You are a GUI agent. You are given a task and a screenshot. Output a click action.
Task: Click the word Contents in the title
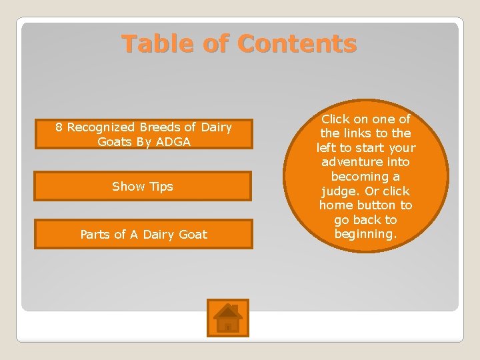(x=297, y=44)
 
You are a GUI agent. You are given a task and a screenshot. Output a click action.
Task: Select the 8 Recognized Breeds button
(x=143, y=134)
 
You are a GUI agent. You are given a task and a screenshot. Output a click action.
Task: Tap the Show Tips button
(x=143, y=186)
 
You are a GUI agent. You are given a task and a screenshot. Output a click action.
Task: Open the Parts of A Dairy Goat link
(x=143, y=234)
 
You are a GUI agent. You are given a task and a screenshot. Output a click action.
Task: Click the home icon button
(x=228, y=317)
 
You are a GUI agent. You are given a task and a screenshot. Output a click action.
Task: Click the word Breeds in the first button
(x=160, y=127)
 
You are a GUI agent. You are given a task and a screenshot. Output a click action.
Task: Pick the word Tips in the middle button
(x=161, y=186)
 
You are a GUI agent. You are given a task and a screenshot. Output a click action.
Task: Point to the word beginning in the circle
(x=365, y=234)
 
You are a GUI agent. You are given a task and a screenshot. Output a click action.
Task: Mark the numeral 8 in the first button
(x=59, y=127)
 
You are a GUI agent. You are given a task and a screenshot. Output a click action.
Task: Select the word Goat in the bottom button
(x=193, y=234)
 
